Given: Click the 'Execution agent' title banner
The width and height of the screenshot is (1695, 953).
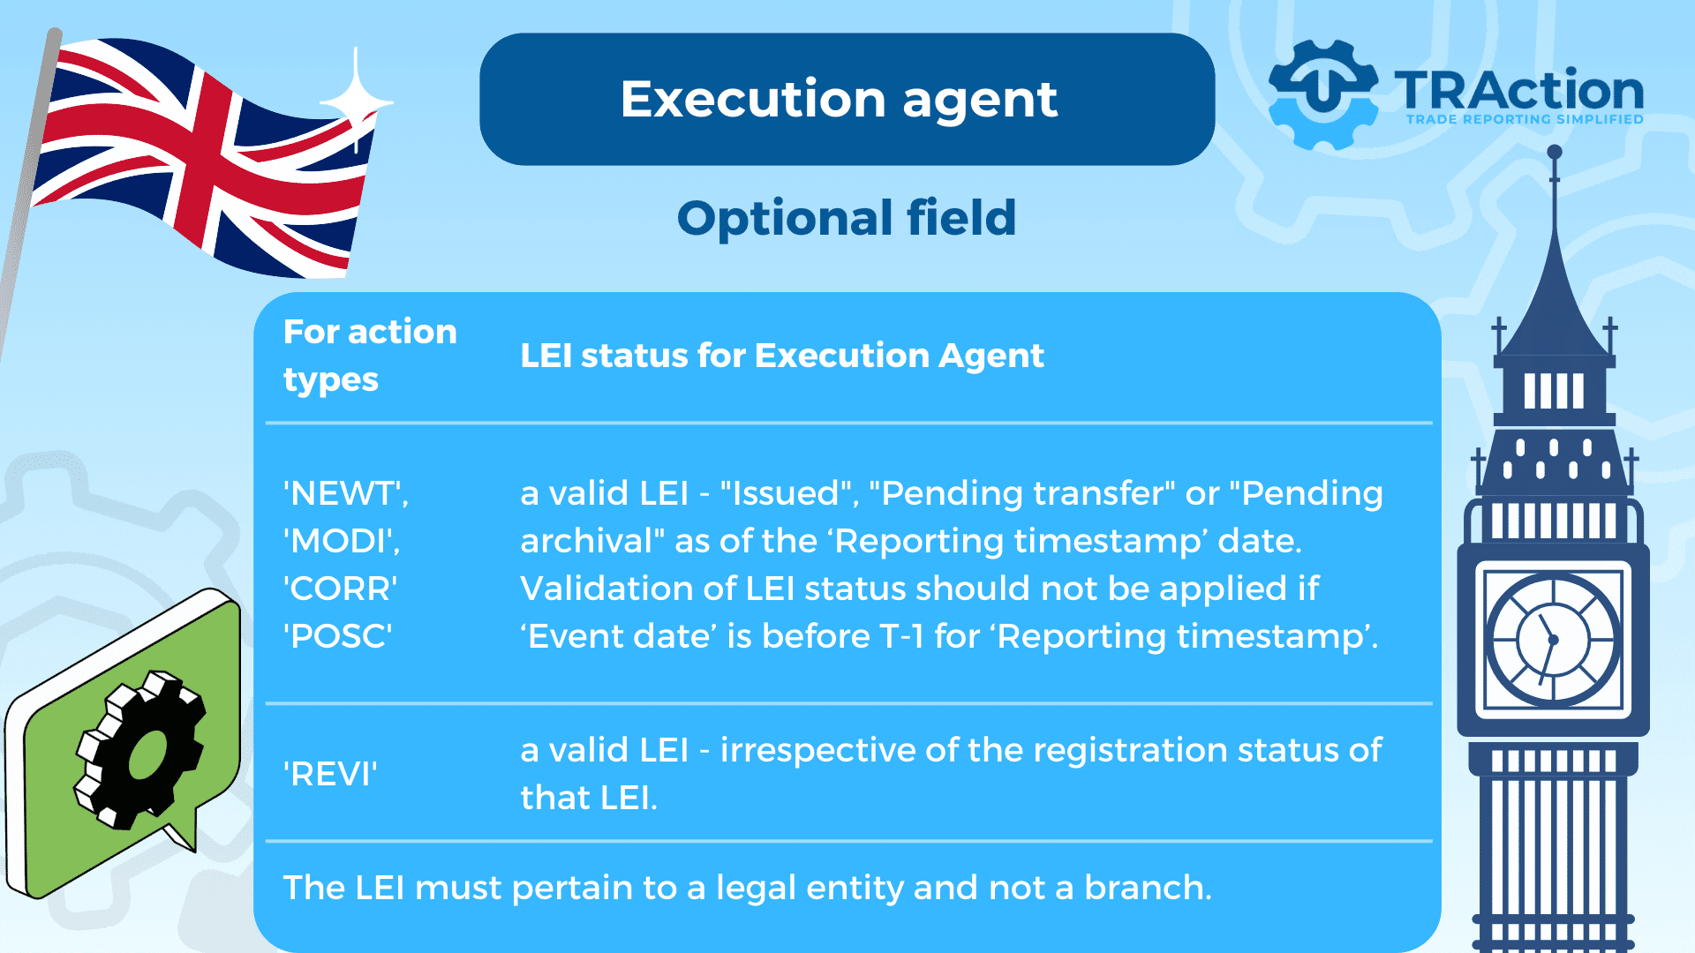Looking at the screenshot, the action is [x=847, y=99].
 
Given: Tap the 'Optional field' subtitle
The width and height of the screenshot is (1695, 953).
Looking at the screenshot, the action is [x=847, y=218].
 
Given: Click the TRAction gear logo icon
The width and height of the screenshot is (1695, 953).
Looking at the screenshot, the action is [x=1322, y=94].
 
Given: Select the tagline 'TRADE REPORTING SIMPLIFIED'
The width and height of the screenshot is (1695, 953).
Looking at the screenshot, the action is [x=1525, y=119].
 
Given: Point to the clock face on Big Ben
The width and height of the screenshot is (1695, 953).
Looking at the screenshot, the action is [x=1553, y=639].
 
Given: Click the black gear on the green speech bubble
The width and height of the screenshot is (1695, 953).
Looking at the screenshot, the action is [x=139, y=750].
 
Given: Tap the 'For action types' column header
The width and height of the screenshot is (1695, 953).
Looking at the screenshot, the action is [x=370, y=356].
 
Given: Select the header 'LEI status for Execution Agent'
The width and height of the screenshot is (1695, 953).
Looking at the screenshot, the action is [x=781, y=356].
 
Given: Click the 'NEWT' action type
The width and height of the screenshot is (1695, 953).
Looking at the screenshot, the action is [x=345, y=493].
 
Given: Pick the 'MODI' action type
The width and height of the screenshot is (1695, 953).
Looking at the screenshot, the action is [x=342, y=541].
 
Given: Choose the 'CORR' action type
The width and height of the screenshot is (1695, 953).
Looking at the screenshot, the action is [x=341, y=589].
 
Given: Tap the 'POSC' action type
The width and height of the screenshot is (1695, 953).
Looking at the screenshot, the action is [x=338, y=636].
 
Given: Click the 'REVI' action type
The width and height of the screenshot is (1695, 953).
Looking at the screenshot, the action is [x=330, y=774].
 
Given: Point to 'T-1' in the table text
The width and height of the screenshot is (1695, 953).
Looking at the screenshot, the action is [x=902, y=636].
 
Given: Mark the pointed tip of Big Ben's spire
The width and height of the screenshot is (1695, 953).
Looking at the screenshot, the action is [x=1555, y=151].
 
